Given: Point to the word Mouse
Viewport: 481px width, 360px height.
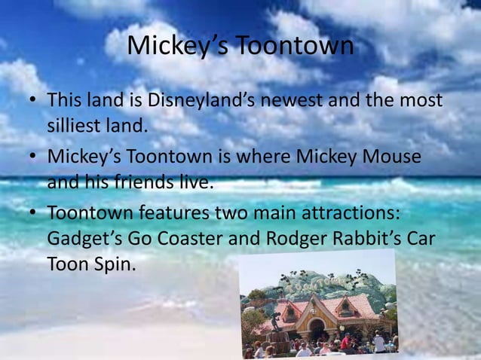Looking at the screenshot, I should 390,157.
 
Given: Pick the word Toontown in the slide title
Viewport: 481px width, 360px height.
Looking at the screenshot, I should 294,46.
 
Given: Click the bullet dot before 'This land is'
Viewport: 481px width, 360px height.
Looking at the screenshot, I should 34,101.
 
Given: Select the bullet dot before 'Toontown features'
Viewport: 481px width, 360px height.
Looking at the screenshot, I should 34,214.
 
